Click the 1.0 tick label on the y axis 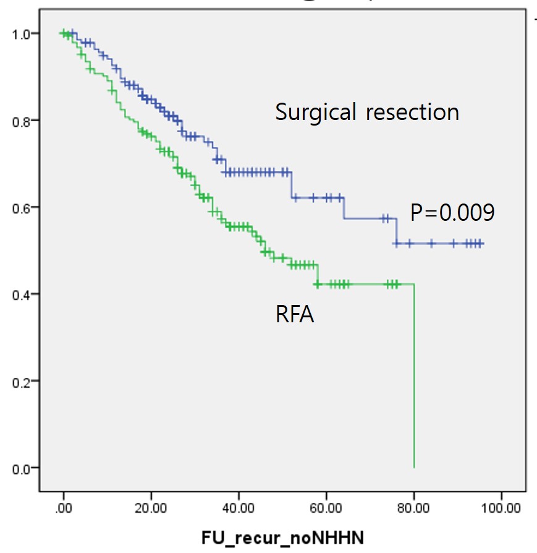pyautogui.click(x=20, y=33)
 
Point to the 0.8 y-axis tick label pyautogui.click(x=20, y=120)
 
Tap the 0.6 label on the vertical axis pyautogui.click(x=20, y=207)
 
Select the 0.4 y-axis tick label pyautogui.click(x=20, y=294)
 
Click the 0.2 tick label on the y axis pyautogui.click(x=20, y=381)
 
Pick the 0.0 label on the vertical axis pyautogui.click(x=20, y=468)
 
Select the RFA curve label pyautogui.click(x=295, y=315)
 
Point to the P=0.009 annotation pyautogui.click(x=452, y=213)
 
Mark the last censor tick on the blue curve pyautogui.click(x=480, y=244)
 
